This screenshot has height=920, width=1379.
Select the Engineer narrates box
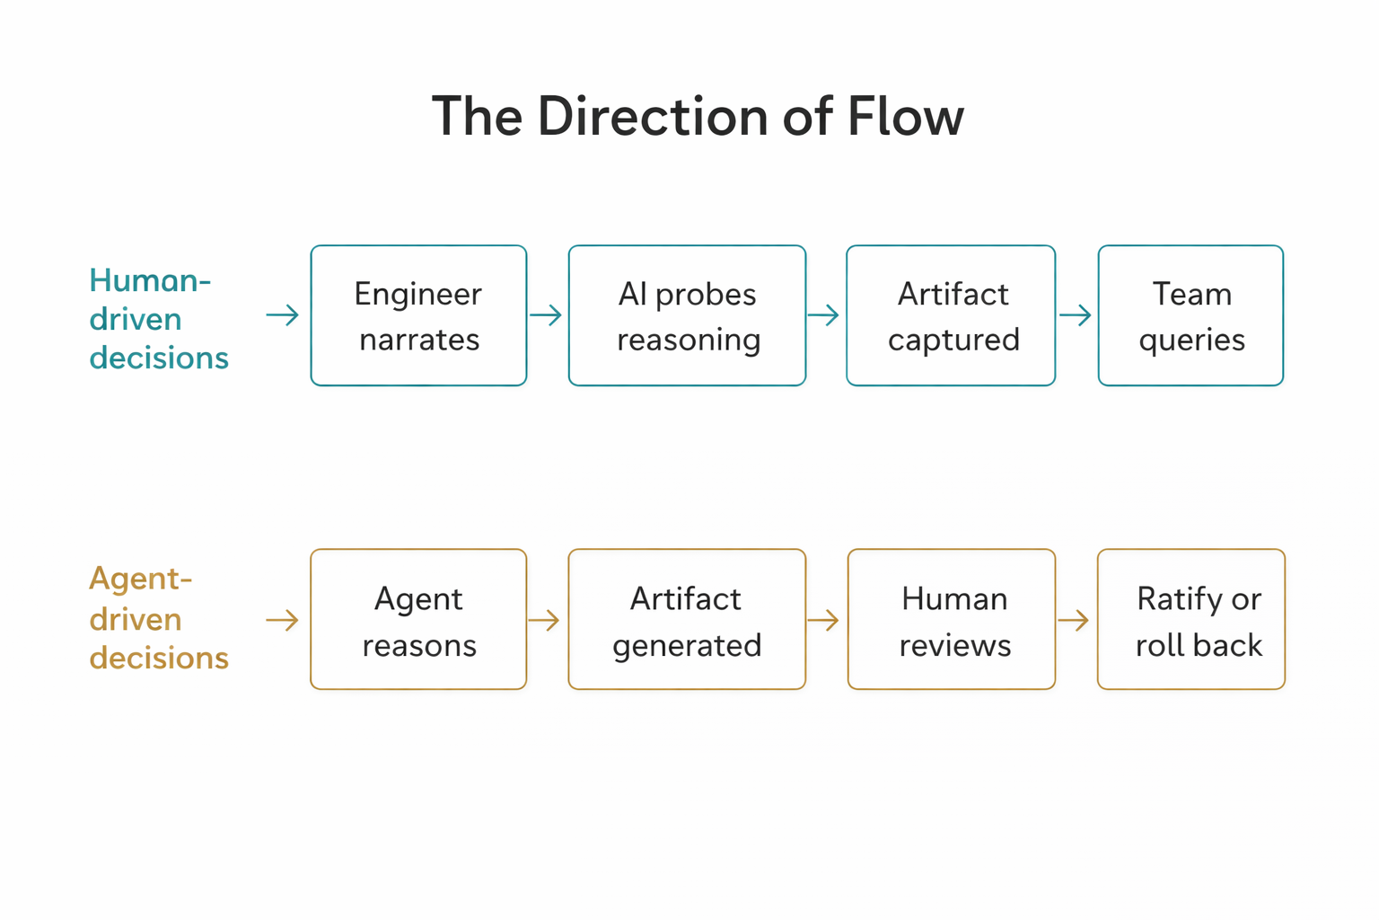(x=418, y=315)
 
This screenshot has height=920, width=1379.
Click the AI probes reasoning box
(x=687, y=315)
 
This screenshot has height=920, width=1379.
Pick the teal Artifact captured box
(x=951, y=315)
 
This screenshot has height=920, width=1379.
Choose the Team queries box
(x=1190, y=315)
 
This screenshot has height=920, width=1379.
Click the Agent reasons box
(x=418, y=619)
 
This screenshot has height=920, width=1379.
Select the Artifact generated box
(x=687, y=619)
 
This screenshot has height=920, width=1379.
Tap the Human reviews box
(x=952, y=619)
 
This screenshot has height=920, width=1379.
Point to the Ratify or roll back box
(x=1191, y=619)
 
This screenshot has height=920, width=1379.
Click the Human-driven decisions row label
(x=158, y=319)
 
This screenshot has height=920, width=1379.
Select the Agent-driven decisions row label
(x=158, y=618)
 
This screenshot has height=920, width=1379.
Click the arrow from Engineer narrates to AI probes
(x=546, y=315)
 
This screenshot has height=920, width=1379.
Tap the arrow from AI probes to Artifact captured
(x=823, y=315)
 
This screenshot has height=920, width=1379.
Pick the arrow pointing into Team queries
(x=1076, y=315)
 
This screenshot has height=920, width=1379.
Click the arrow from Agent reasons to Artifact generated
(x=544, y=620)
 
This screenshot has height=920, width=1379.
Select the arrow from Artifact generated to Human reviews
(x=823, y=620)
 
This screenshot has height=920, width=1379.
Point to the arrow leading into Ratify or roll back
(x=1074, y=620)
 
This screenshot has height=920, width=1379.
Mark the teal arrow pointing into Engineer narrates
(x=283, y=315)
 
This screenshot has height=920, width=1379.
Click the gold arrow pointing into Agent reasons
(x=283, y=620)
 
